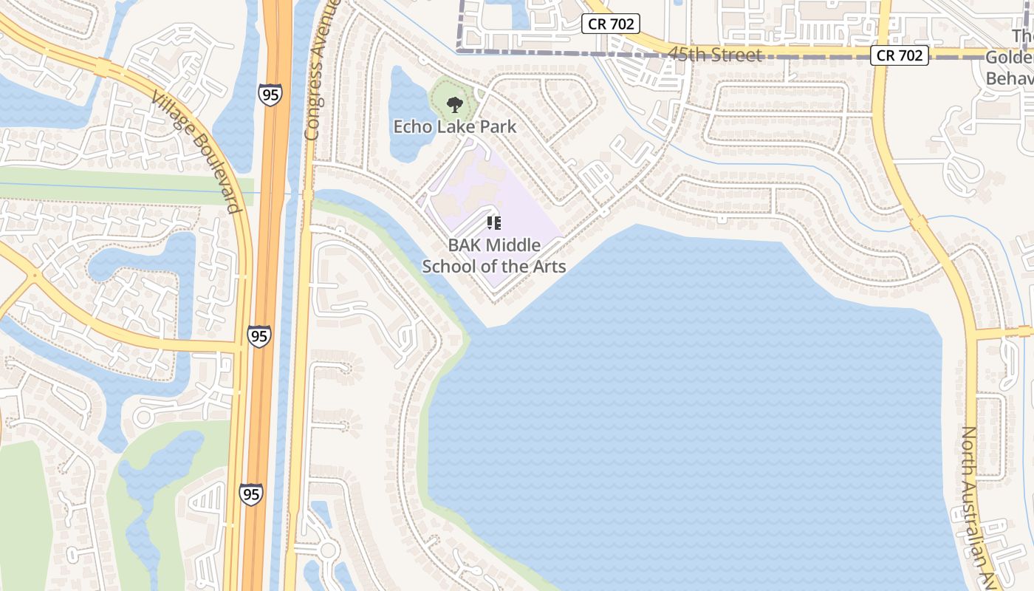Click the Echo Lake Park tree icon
click(x=455, y=104)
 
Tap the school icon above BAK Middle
click(x=494, y=222)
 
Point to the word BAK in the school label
click(x=465, y=245)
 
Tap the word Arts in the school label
click(x=549, y=266)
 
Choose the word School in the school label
click(x=446, y=266)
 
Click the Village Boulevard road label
click(x=196, y=151)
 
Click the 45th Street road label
click(x=714, y=55)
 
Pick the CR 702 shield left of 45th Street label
click(x=610, y=24)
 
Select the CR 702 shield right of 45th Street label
click(x=899, y=55)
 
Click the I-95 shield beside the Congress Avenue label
click(x=270, y=94)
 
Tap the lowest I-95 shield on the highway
click(x=251, y=494)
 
